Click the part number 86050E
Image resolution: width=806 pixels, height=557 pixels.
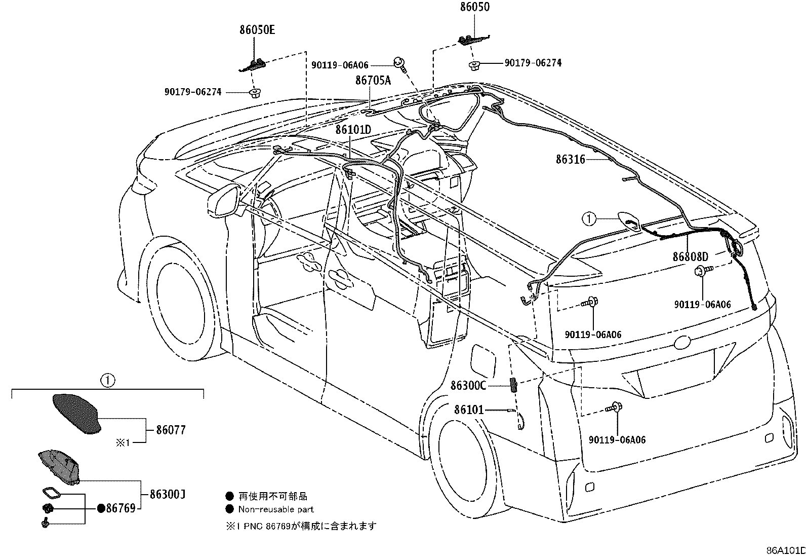coord(257,29)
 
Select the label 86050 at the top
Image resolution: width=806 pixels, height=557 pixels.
coord(474,7)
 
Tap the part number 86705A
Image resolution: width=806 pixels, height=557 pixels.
coord(373,80)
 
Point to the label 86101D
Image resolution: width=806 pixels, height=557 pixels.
coord(353,129)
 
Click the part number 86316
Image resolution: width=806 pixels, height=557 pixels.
coord(570,159)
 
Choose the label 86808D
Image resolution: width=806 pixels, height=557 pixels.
coord(691,256)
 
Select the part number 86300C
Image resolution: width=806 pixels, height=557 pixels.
coord(468,386)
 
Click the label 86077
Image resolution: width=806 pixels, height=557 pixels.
coord(171,430)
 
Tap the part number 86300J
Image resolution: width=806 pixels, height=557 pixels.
coord(168,494)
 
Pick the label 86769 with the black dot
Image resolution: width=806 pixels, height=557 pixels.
coord(116,508)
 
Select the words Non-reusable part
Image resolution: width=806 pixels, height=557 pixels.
coord(276,509)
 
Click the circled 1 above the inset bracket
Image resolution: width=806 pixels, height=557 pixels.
coord(108,381)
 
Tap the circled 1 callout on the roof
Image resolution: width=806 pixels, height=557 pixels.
coord(589,218)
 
